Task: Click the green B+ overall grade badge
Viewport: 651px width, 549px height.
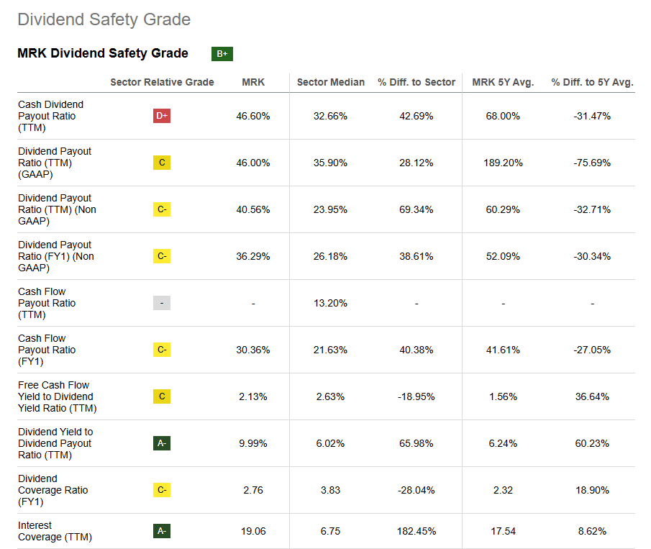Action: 222,54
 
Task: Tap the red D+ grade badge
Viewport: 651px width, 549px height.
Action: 162,116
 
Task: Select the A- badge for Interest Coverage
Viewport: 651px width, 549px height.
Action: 162,531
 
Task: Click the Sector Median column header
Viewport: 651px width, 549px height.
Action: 330,82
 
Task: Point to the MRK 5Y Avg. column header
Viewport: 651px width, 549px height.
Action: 503,82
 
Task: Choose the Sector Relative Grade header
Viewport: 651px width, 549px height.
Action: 162,82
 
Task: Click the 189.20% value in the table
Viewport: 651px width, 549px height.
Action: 503,163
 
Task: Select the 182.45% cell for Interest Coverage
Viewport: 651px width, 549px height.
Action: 416,531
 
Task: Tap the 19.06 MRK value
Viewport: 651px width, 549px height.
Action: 253,531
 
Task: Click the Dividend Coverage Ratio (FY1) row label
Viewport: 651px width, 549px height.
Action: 53,490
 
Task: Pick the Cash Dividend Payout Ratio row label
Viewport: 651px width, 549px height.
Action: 50,116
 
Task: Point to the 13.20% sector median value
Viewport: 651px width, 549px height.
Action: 330,303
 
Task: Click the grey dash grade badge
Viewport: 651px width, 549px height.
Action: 162,303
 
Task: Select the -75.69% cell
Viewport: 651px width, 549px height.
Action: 592,163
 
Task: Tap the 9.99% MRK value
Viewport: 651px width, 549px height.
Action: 253,443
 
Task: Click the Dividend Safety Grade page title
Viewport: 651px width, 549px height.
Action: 104,19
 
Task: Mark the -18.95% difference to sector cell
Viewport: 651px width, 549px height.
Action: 416,396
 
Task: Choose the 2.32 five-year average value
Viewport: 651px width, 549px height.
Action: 503,490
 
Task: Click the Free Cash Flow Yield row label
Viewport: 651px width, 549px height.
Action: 55,396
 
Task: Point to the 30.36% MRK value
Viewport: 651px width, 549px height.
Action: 253,350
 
